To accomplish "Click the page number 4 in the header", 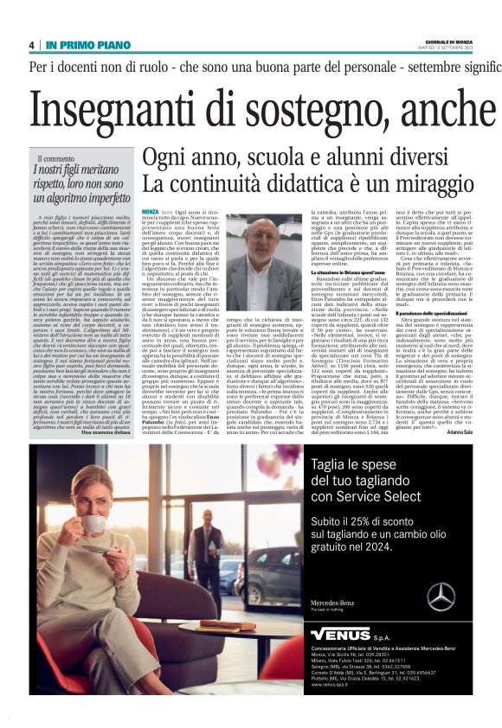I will point(31,44).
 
